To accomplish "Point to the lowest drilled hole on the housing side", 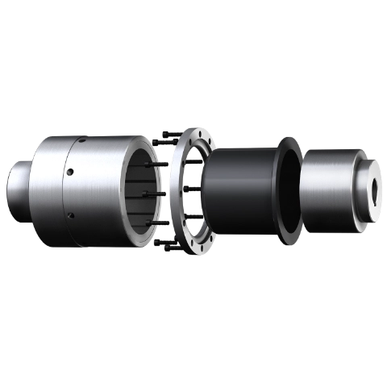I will (x=70, y=215).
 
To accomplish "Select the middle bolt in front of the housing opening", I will (x=153, y=194).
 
